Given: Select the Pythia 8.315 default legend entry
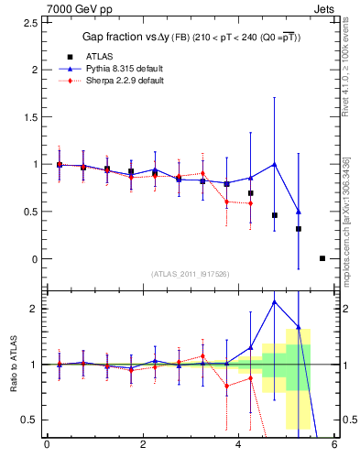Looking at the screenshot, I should click(x=124, y=68).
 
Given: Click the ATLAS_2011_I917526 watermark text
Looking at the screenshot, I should click(x=191, y=274).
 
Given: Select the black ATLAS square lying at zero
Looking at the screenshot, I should click(x=322, y=258).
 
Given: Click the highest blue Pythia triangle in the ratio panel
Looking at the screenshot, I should click(x=275, y=301).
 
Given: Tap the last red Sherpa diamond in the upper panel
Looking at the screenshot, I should click(x=250, y=203).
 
